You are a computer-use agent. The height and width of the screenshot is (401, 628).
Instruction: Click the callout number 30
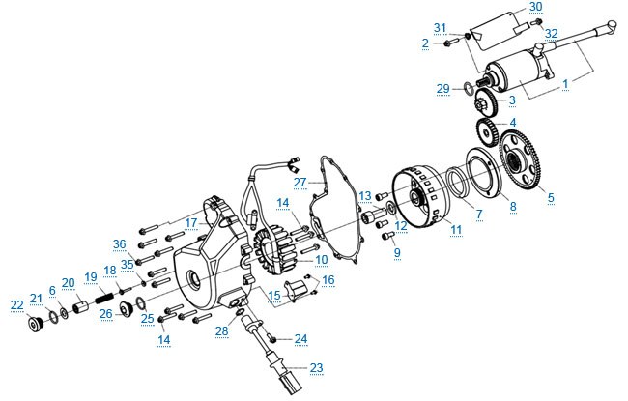pos(535,7)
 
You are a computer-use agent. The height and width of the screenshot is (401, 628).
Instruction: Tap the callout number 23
pos(316,368)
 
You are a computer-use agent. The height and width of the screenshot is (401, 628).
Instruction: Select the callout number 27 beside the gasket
pos(300,183)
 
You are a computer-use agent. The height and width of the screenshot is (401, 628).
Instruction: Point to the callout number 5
pos(551,197)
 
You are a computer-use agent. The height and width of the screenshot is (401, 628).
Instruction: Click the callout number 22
pos(17,305)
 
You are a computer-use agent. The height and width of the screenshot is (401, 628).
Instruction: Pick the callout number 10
pos(322,260)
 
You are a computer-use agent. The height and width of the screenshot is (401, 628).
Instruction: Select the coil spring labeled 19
pos(105,298)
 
